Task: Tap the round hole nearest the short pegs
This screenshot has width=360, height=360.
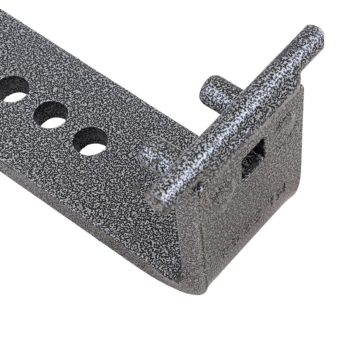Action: pyautogui.click(x=91, y=142)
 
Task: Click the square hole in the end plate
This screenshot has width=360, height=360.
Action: pyautogui.click(x=253, y=158)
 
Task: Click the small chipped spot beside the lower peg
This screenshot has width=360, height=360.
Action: pyautogui.click(x=137, y=185)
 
